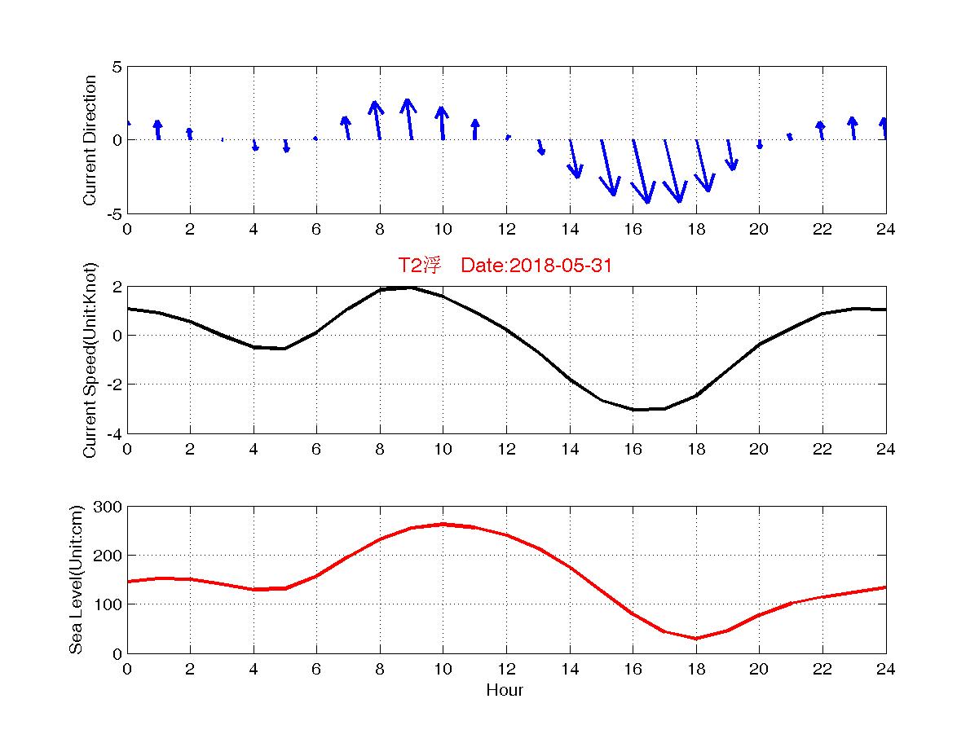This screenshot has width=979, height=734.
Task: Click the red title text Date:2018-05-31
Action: pos(536,266)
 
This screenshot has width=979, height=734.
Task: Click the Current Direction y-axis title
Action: pos(90,140)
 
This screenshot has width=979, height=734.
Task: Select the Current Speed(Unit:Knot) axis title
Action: pos(90,360)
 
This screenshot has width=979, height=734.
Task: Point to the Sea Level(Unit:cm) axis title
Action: pos(77,580)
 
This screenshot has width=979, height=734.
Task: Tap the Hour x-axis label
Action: pos(505,691)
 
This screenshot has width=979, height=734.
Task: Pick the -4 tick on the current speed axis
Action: pos(114,433)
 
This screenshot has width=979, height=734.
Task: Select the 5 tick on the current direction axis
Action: pos(117,67)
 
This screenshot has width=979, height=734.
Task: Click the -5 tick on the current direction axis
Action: pos(114,213)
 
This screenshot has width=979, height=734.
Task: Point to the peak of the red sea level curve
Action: pos(443,524)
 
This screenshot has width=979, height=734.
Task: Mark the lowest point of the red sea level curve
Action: pos(696,638)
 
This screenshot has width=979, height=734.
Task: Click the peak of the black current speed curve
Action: pos(411,287)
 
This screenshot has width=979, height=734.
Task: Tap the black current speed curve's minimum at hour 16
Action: pos(634,410)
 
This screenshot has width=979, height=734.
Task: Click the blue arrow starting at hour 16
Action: pos(641,171)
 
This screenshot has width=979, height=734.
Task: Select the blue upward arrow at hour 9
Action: pos(409,119)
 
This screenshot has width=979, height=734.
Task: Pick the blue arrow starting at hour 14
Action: pos(574,159)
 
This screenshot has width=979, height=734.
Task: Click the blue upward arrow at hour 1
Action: pos(158,130)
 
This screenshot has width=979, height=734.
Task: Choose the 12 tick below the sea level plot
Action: pos(506,669)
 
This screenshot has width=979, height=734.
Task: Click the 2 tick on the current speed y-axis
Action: pos(117,287)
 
